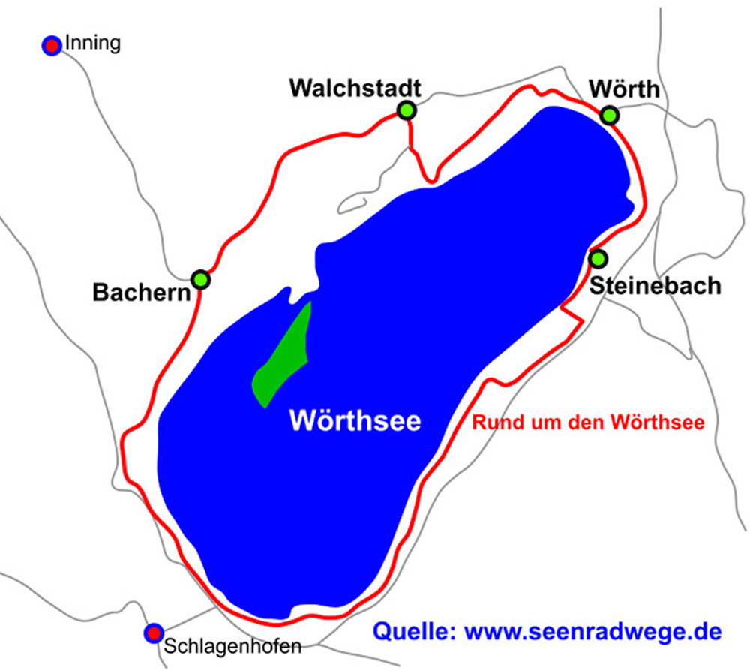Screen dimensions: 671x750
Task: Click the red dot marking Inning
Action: tap(52, 45)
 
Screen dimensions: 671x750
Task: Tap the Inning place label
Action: tap(92, 44)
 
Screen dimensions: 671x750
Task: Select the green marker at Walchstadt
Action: tap(406, 110)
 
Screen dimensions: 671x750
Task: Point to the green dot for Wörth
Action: tap(610, 115)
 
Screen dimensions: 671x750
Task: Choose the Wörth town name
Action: tap(624, 89)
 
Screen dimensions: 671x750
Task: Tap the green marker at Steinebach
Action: tap(598, 259)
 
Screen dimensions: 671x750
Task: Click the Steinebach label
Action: tap(655, 285)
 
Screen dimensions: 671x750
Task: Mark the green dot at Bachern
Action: tap(201, 279)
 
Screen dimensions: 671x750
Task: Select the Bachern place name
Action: tap(142, 293)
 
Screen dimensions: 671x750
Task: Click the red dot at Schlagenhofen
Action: tap(154, 633)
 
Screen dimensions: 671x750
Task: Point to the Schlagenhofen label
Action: tap(232, 646)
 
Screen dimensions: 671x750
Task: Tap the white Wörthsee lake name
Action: tap(355, 420)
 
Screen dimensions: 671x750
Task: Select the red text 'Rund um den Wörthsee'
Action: tap(588, 423)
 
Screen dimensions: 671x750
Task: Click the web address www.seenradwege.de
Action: tap(593, 631)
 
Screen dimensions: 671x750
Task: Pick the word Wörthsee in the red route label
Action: tap(659, 423)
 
